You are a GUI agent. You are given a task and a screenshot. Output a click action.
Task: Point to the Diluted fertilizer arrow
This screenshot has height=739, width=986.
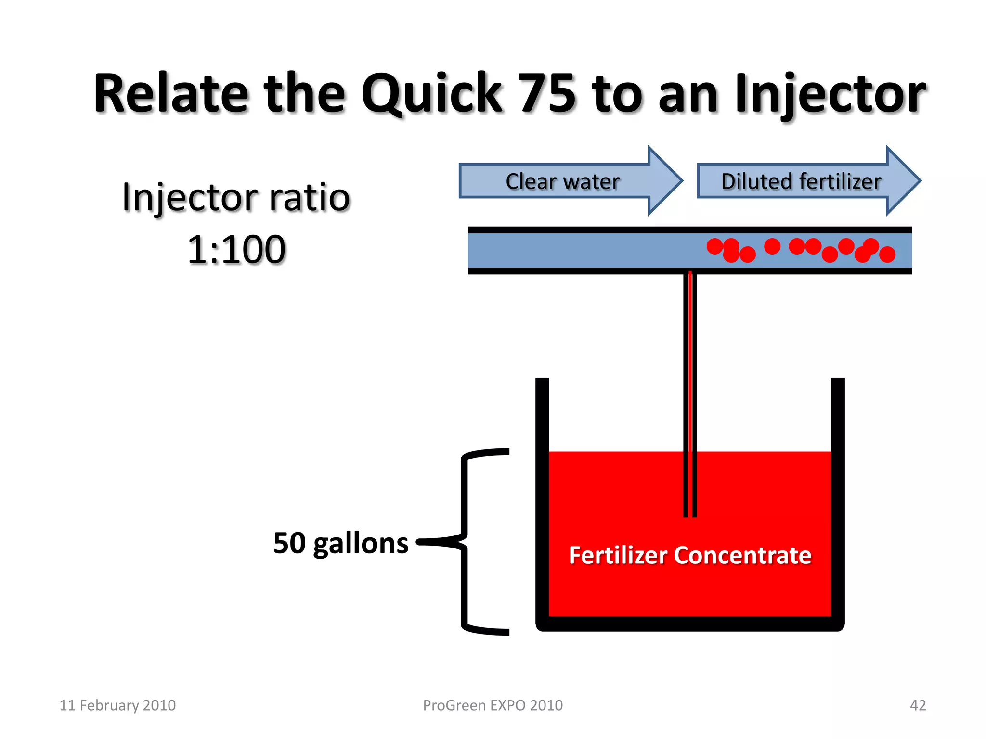click(x=801, y=181)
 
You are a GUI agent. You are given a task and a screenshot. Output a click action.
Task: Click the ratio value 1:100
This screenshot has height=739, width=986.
click(x=236, y=249)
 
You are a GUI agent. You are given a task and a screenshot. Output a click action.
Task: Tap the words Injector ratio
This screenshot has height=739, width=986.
click(x=236, y=197)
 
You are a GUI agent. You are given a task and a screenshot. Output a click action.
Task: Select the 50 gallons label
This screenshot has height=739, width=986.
click(x=341, y=543)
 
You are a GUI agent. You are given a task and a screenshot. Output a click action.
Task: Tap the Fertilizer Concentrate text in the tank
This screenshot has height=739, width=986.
click(x=690, y=555)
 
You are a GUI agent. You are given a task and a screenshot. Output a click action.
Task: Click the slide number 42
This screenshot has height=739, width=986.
click(x=918, y=705)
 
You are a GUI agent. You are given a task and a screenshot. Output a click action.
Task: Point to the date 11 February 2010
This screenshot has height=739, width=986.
click(x=117, y=705)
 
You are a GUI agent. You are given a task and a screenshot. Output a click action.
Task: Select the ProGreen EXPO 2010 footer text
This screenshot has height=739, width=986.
click(x=493, y=705)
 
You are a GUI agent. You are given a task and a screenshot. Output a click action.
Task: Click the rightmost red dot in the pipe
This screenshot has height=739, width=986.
click(x=887, y=254)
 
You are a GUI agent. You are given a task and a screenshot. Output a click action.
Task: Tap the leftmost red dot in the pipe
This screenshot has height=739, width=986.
click(x=714, y=246)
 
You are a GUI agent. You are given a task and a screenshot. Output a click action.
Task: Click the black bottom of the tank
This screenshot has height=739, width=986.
click(x=690, y=624)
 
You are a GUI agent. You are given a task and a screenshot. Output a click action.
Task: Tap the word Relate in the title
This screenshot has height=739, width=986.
click(x=171, y=94)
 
